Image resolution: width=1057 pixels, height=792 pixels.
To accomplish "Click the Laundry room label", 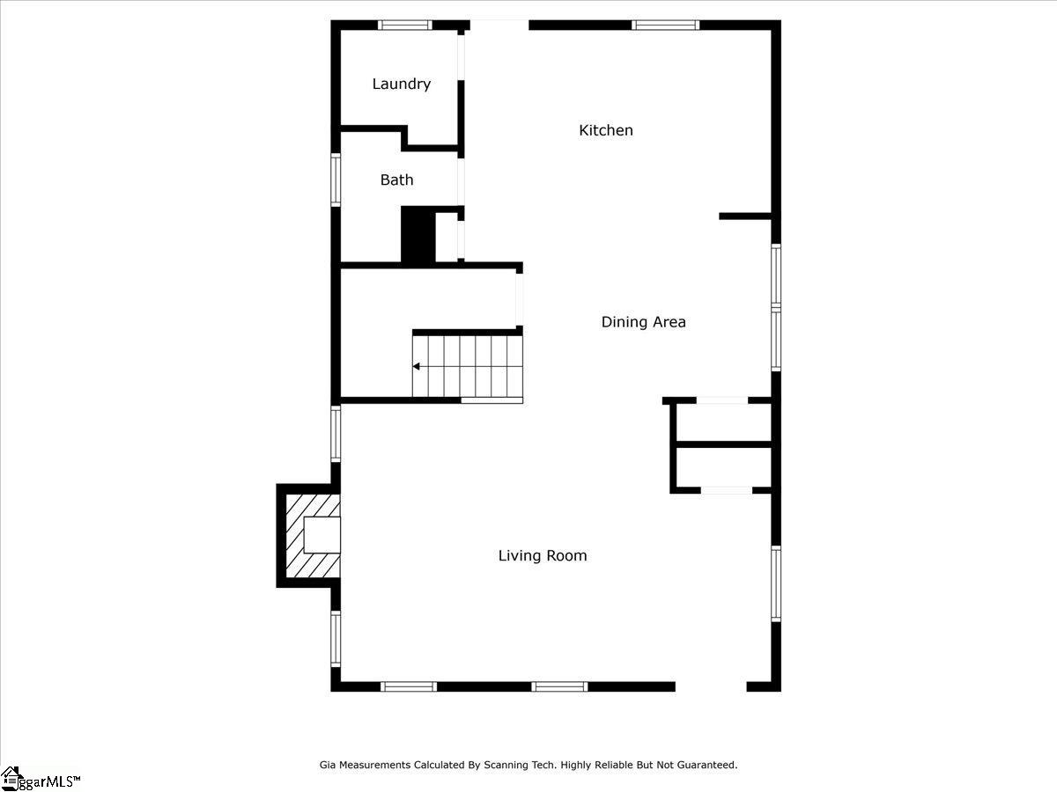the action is pyautogui.click(x=401, y=84).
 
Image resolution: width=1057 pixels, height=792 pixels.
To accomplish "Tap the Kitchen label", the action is pyautogui.click(x=606, y=130).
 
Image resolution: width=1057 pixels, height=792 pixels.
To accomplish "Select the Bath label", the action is pyautogui.click(x=396, y=180).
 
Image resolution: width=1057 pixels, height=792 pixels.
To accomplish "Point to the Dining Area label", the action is pyautogui.click(x=643, y=322).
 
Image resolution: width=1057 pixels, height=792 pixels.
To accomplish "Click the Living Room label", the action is pyautogui.click(x=543, y=556).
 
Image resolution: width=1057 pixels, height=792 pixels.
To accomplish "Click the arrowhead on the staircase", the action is pyautogui.click(x=417, y=366).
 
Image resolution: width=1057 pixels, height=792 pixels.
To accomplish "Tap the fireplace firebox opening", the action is pyautogui.click(x=322, y=535).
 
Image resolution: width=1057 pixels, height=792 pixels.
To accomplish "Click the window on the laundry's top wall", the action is pyautogui.click(x=404, y=25).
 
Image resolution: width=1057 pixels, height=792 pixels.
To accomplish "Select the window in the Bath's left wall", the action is pyautogui.click(x=336, y=180).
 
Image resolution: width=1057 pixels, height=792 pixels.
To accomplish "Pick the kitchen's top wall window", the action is pyautogui.click(x=666, y=25).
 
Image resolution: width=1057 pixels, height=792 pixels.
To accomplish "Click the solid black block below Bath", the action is pyautogui.click(x=418, y=235).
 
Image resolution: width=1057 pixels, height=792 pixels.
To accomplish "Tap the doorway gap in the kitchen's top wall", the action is pyautogui.click(x=499, y=25).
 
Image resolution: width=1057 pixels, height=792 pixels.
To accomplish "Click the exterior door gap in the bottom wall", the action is pyautogui.click(x=711, y=686).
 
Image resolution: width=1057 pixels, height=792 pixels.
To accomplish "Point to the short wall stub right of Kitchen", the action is pyautogui.click(x=745, y=216).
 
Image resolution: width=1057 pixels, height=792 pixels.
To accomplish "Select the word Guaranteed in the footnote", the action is pyautogui.click(x=707, y=765).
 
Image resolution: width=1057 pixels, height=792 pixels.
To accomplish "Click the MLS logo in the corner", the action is pyautogui.click(x=40, y=779).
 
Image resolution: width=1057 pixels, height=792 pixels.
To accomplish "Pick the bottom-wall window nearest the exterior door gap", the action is pyautogui.click(x=559, y=686).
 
